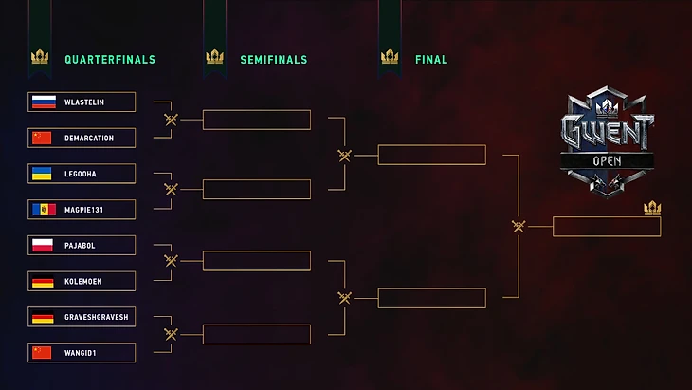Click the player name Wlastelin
[84, 102]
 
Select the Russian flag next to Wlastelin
[45, 102]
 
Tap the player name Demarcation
[89, 139]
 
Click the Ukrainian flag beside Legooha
[42, 174]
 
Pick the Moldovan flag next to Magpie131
[45, 210]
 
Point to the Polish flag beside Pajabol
[43, 245]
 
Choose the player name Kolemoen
[83, 281]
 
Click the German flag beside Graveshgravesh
[43, 317]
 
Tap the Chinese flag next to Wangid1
[42, 352]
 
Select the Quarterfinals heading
[110, 60]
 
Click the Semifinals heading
[274, 60]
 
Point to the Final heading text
[431, 60]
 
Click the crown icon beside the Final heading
[390, 57]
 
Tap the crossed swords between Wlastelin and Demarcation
[171, 120]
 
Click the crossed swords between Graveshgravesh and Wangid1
[171, 334]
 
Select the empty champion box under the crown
[607, 227]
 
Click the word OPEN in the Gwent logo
[607, 161]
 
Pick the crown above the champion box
[652, 208]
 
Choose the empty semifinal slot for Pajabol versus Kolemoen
[257, 261]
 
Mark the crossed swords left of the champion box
[519, 227]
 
